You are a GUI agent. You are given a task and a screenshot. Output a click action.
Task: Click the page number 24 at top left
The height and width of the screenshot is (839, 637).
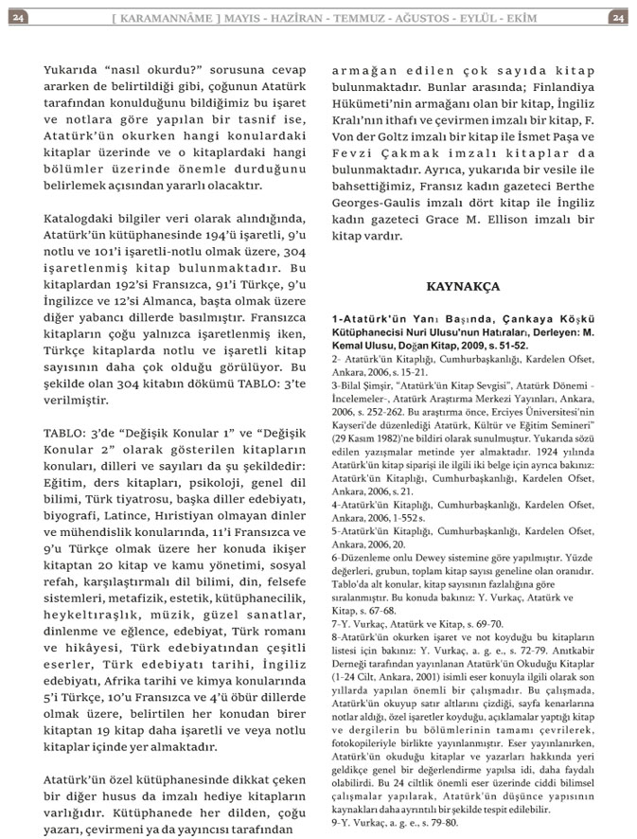coord(20,17)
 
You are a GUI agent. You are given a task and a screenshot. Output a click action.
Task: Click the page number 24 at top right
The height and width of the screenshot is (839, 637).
coord(616,17)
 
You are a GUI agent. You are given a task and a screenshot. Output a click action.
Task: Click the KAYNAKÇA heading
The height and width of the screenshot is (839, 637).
coord(463,285)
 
